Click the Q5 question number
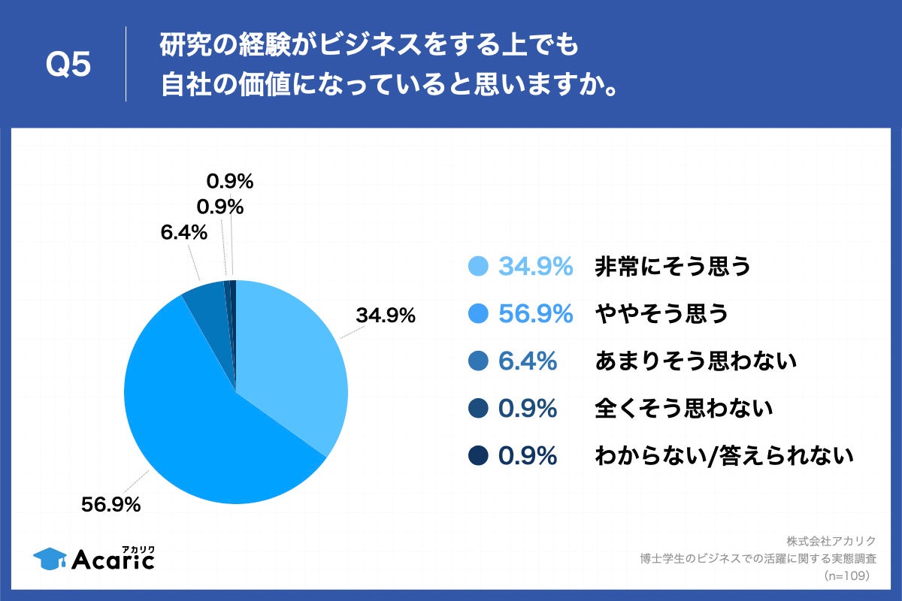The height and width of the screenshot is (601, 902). point(68,65)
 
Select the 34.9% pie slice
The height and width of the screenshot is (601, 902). point(293,353)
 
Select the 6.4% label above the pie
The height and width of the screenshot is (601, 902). point(183,234)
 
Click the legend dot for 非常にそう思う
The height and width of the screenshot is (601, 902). point(479,267)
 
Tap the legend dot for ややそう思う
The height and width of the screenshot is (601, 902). point(479,314)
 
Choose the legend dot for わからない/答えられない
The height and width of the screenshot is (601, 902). point(479,455)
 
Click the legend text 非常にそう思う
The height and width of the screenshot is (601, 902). point(673,267)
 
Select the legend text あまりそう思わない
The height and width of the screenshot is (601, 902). point(695,361)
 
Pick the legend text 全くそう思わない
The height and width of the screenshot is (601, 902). point(683,409)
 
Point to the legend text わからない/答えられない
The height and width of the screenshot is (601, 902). point(725,455)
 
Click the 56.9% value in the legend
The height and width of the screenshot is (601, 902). point(536,314)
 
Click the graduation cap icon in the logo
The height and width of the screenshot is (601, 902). point(50,557)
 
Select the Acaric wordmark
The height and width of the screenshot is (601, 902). point(113,558)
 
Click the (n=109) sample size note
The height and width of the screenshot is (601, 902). point(846,575)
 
